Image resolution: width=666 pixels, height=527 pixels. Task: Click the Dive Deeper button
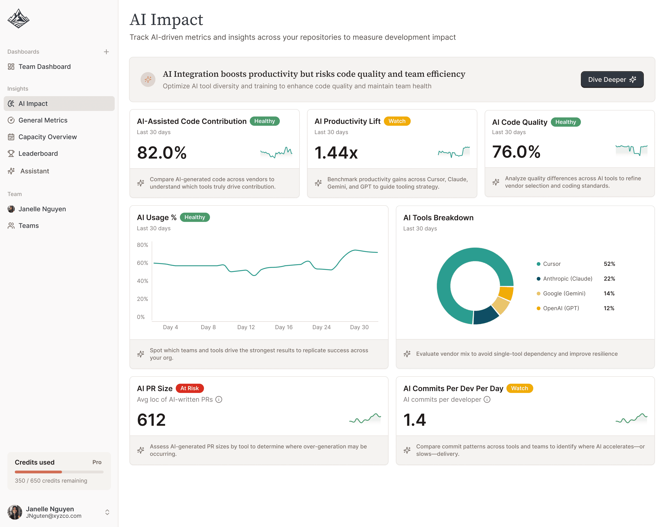(612, 80)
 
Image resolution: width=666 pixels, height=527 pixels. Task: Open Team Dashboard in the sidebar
(44, 67)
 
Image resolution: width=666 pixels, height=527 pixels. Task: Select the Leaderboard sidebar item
(38, 154)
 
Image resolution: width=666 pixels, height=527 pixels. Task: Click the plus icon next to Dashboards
(106, 52)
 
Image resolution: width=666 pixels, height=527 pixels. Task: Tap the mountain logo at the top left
(18, 19)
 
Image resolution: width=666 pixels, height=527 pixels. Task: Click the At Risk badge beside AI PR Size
(189, 388)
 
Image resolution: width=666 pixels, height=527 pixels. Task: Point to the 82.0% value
(162, 153)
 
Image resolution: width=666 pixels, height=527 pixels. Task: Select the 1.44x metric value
(336, 153)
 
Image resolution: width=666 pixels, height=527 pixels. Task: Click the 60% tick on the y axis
(142, 263)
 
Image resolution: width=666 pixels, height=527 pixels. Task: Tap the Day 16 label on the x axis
(284, 327)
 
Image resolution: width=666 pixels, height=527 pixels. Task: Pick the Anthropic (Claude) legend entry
(567, 279)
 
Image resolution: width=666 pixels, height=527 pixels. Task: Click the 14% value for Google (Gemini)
(609, 293)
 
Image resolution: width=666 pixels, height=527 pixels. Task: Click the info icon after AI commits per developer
(487, 400)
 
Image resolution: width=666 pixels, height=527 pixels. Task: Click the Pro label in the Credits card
(97, 462)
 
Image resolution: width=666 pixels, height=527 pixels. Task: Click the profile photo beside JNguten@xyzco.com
(15, 512)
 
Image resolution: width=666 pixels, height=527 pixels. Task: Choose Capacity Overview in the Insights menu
(48, 137)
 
